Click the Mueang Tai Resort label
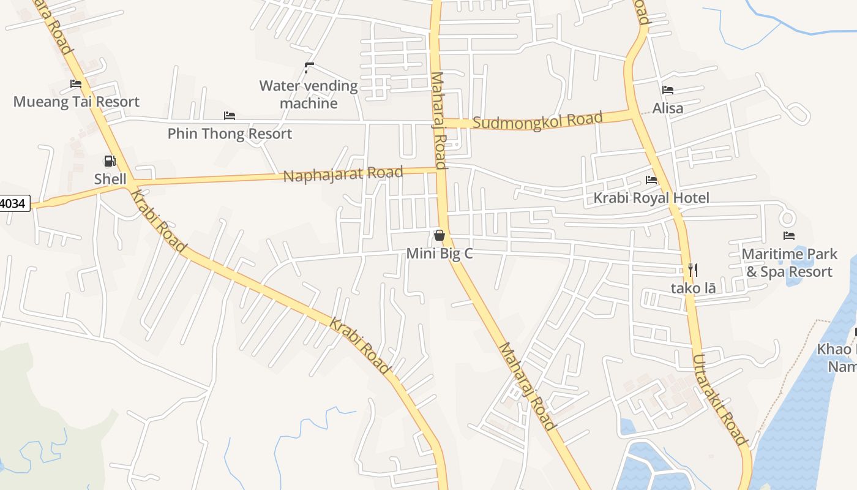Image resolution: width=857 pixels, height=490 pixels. pos(77,102)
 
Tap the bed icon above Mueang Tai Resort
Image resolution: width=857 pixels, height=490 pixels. pos(76,84)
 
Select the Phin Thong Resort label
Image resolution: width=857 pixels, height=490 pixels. pos(230,134)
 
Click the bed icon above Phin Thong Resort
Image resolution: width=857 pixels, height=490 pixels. pos(230,115)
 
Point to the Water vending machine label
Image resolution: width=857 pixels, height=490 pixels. pos(309,94)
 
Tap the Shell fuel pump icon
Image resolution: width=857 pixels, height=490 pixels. pos(110,161)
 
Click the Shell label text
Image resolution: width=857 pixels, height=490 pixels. pos(110,179)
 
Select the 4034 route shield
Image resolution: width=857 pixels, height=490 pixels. pos(13,203)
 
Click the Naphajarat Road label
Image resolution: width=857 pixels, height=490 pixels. pos(343,174)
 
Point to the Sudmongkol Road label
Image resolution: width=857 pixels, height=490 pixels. pos(538,120)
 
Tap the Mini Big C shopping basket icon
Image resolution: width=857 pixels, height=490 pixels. pos(439,235)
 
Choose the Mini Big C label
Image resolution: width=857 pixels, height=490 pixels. pos(440,254)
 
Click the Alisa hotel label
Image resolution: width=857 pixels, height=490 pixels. pos(668,108)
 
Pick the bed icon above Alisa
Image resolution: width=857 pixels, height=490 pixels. pos(668,90)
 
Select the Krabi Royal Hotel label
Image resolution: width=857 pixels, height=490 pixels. pos(651,198)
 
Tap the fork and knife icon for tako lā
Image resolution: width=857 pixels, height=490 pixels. pos(693,269)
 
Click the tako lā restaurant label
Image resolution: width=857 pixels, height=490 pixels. pos(693,288)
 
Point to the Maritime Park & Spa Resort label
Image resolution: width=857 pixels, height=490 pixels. pos(789,263)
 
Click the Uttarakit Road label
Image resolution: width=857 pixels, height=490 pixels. pos(720,399)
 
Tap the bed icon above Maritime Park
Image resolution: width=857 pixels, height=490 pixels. pos(789,236)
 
